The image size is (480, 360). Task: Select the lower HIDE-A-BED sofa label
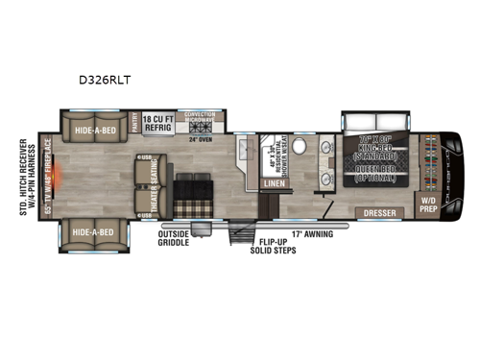pyautogui.click(x=95, y=231)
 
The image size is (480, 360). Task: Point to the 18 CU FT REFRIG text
pyautogui.click(x=162, y=125)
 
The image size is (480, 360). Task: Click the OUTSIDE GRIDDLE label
pyautogui.click(x=180, y=236)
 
